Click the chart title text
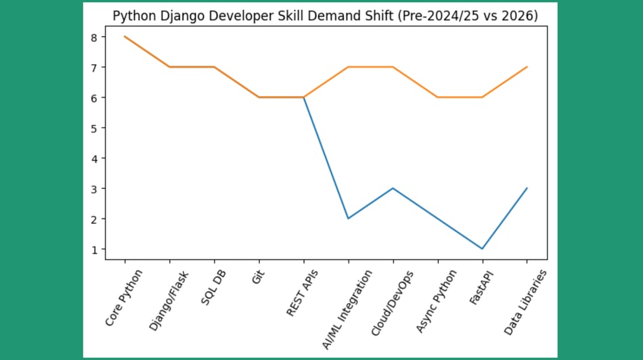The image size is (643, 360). (325, 16)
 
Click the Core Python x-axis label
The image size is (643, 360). (124, 298)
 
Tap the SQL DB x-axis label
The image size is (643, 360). (209, 288)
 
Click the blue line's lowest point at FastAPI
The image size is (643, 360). (482, 249)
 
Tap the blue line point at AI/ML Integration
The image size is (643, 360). (348, 219)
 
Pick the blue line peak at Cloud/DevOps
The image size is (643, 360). (393, 188)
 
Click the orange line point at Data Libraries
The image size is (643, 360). (527, 67)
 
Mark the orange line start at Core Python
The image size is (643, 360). (125, 37)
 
